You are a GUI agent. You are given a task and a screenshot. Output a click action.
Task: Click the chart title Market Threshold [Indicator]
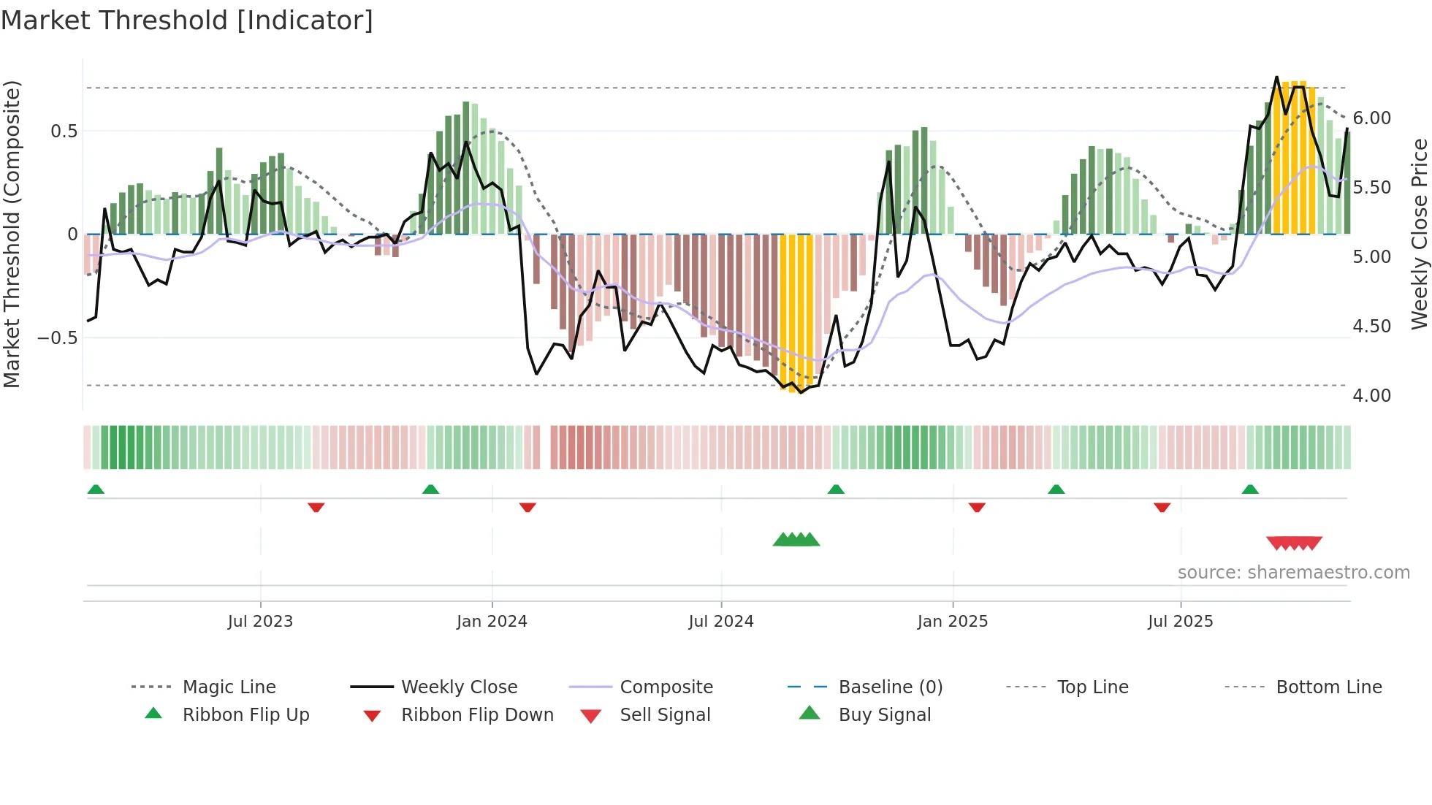(x=187, y=20)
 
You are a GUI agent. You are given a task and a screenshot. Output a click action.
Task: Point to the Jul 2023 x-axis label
(x=260, y=622)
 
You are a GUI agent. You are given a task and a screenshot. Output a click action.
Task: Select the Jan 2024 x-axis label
(x=492, y=622)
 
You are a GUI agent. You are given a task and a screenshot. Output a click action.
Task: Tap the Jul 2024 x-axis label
(x=720, y=622)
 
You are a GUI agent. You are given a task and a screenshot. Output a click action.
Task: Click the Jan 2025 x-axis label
(x=952, y=622)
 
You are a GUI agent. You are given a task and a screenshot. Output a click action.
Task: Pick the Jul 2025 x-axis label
(x=1180, y=622)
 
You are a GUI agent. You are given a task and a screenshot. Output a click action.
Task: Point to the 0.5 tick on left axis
(x=64, y=131)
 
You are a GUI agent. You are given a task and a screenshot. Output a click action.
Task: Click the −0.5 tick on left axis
(x=57, y=338)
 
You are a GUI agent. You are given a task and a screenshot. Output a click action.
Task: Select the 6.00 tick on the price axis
(x=1371, y=118)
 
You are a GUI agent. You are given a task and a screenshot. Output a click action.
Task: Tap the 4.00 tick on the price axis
(x=1371, y=396)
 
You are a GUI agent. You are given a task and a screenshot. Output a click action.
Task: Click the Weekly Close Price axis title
(x=1419, y=234)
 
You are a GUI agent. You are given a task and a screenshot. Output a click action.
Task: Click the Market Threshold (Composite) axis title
(x=12, y=234)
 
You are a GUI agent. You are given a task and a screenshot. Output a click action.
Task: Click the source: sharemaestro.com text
(x=1293, y=573)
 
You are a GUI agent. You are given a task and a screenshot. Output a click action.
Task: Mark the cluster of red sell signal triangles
(x=1294, y=543)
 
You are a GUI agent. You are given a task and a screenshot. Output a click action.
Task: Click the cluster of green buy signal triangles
(x=796, y=540)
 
